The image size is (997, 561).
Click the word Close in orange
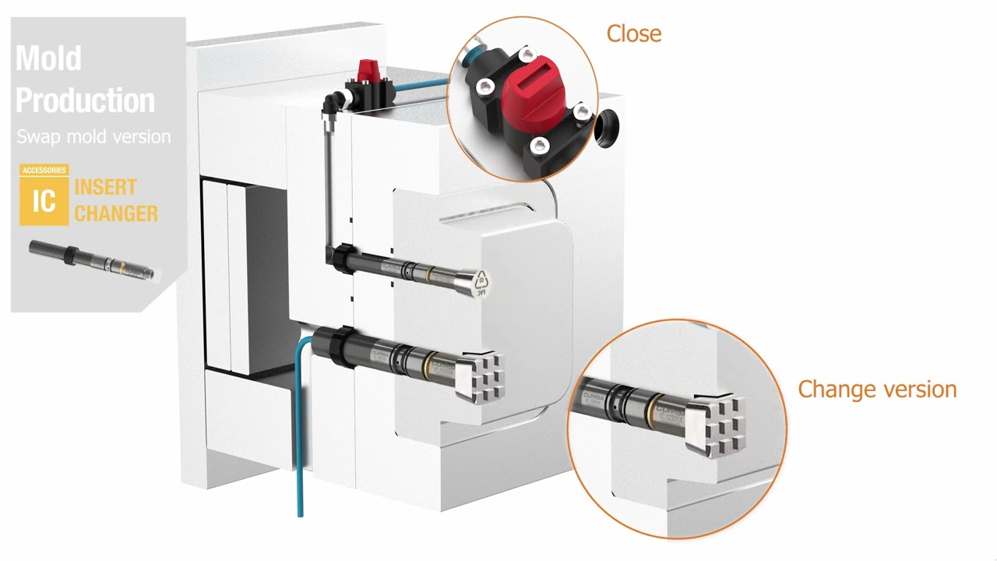pyautogui.click(x=633, y=34)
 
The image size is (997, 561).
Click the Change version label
pyautogui.click(x=877, y=389)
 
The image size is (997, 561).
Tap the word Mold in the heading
pyautogui.click(x=48, y=58)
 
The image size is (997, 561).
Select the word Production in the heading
pyautogui.click(x=85, y=100)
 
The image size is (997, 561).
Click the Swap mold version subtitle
pyautogui.click(x=93, y=136)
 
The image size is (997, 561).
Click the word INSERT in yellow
pyautogui.click(x=105, y=187)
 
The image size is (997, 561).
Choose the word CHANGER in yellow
pyautogui.click(x=116, y=213)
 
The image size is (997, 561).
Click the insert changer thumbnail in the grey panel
pyautogui.click(x=93, y=259)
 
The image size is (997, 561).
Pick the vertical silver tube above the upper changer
pyautogui.click(x=326, y=179)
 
